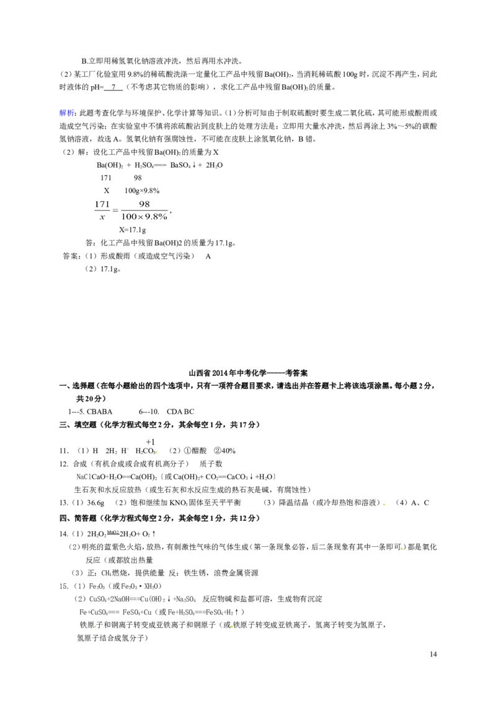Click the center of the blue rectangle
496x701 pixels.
point(65,113)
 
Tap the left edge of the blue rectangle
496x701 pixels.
point(55,113)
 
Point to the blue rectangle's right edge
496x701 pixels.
point(74,113)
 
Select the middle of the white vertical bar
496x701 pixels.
point(92,211)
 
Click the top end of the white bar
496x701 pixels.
point(92,199)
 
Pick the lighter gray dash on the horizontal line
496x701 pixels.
point(115,211)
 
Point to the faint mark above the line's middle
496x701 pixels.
point(144,202)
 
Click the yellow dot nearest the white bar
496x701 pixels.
point(156,453)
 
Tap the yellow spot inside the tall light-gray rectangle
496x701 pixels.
point(384,506)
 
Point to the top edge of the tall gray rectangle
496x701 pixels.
point(384,500)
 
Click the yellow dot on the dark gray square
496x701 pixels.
point(402,548)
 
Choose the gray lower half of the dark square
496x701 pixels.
point(402,552)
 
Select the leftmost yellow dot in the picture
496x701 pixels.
point(96,627)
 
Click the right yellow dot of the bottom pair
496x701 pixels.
point(231,627)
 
